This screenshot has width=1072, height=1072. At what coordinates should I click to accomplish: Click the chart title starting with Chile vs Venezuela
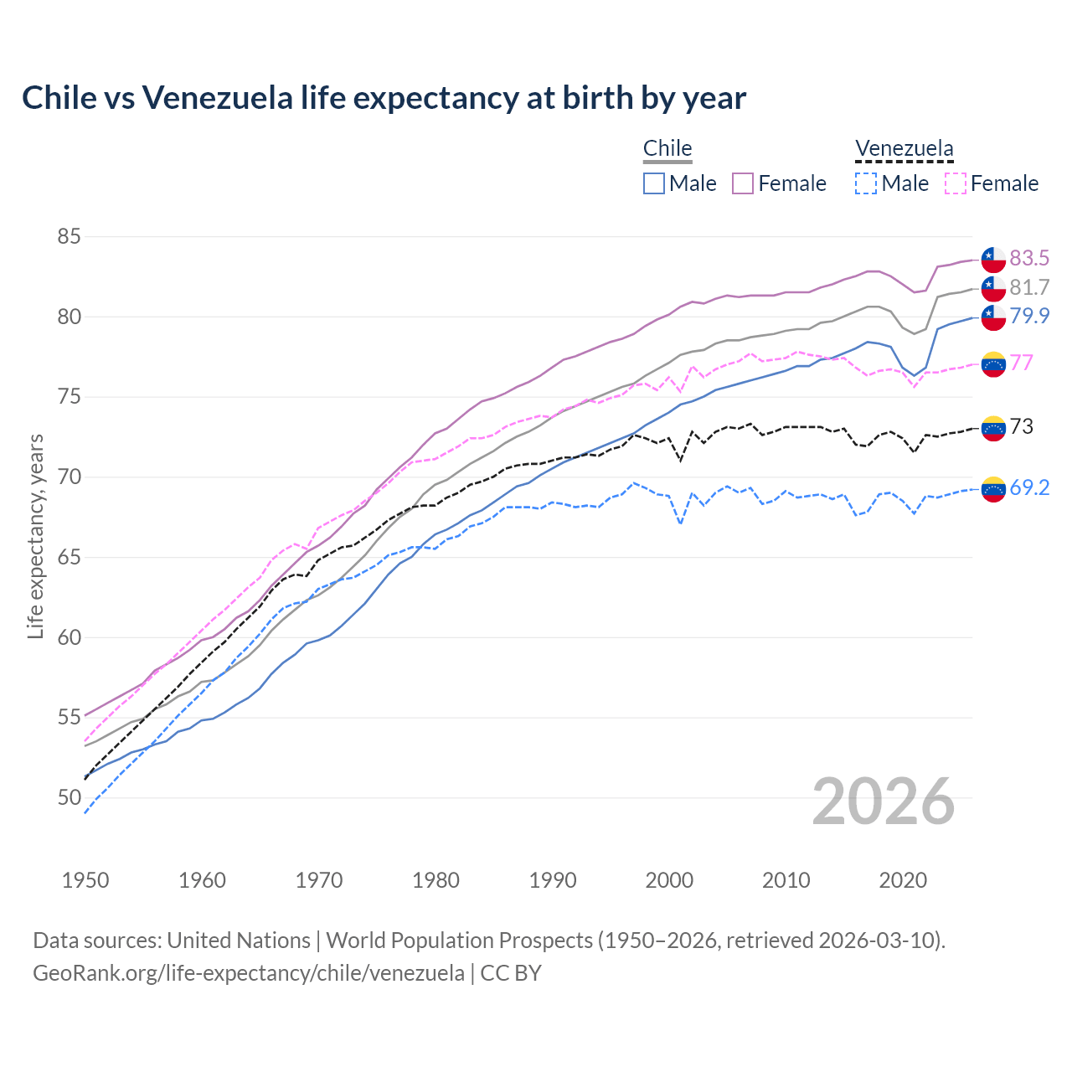[384, 98]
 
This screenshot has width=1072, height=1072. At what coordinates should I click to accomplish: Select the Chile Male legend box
[654, 183]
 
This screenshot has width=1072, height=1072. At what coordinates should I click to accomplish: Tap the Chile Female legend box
[743, 183]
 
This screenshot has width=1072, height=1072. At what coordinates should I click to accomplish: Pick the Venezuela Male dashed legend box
[866, 183]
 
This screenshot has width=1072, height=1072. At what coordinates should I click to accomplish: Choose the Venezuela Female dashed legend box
[956, 183]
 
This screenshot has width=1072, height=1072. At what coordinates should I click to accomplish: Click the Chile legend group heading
[667, 149]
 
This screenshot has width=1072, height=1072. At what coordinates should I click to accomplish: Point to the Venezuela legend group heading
[904, 149]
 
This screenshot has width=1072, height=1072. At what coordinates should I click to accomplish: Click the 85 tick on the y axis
[69, 237]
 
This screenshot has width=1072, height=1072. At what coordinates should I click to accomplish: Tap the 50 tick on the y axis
[69, 798]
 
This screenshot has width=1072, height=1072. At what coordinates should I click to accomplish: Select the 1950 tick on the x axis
[85, 880]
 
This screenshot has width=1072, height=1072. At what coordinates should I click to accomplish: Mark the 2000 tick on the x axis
[669, 880]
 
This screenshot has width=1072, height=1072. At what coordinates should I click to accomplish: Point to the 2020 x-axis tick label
[903, 880]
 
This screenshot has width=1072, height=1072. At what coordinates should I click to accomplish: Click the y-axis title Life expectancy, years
[35, 536]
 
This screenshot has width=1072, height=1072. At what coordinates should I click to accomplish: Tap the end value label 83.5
[1029, 258]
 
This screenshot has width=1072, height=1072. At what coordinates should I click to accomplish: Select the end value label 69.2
[1029, 488]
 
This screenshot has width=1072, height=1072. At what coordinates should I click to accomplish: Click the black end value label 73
[1021, 426]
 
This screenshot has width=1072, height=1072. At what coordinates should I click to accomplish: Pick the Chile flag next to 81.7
[993, 288]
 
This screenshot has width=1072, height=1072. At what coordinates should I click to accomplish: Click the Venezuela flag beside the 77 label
[993, 363]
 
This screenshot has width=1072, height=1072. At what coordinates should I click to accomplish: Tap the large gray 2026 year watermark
[883, 801]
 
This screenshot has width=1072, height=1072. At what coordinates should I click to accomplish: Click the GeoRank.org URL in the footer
[248, 973]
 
